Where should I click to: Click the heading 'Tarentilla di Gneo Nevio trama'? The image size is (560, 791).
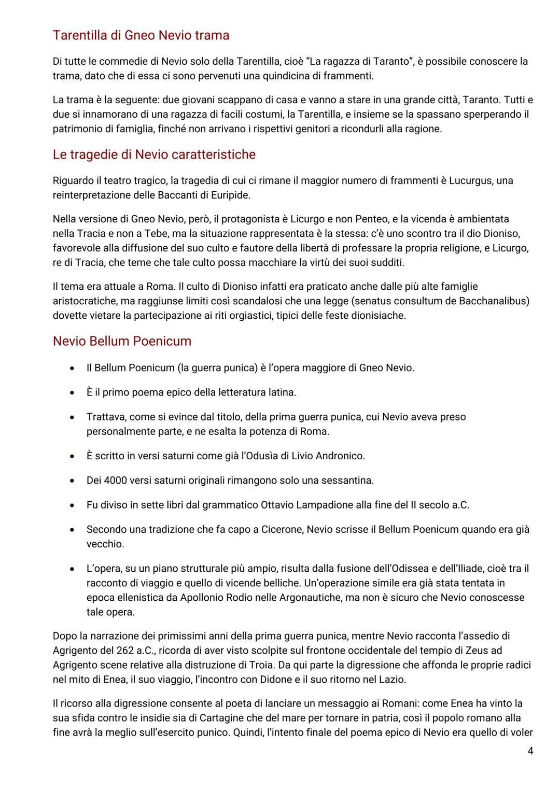point(141,35)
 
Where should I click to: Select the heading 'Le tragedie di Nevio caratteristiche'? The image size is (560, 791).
point(154,154)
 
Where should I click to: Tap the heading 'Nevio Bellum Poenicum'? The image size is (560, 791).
point(122,341)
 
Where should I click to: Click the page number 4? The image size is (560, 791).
point(530,751)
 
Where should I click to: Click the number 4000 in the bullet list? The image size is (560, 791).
point(116,480)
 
